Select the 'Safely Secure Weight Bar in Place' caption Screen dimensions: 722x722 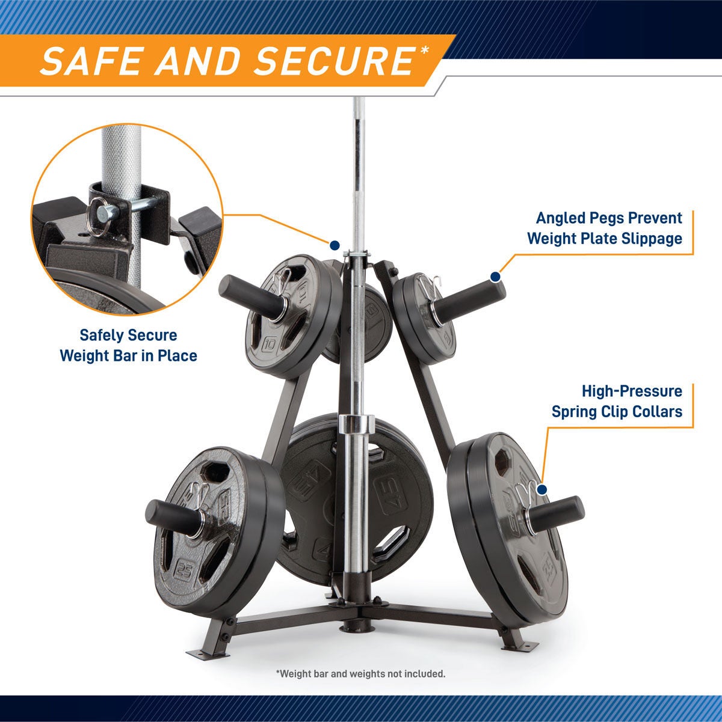pyautogui.click(x=128, y=345)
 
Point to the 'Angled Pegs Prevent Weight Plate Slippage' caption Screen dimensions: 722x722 pyautogui.click(x=604, y=228)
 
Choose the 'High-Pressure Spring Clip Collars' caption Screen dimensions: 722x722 pyautogui.click(x=617, y=402)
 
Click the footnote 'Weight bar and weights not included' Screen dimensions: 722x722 pyautogui.click(x=360, y=673)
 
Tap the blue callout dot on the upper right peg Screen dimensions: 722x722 pyautogui.click(x=495, y=277)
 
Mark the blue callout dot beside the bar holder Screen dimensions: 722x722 pyautogui.click(x=335, y=245)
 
